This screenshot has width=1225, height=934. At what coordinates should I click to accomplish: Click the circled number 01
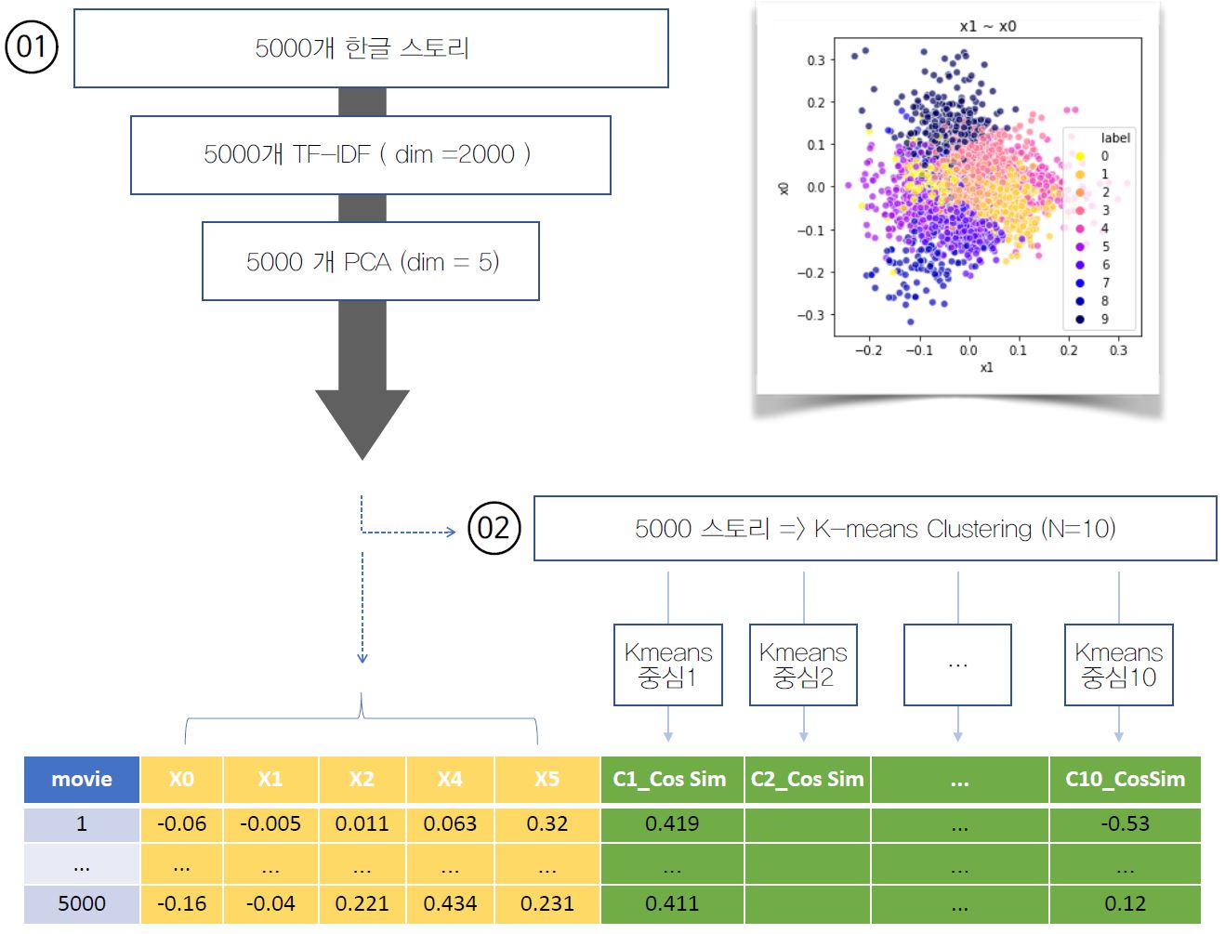coord(32,46)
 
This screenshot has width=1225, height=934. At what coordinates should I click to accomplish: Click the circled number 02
coord(494,528)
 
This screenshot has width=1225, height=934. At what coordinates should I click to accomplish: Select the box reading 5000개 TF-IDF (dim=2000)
coord(370,154)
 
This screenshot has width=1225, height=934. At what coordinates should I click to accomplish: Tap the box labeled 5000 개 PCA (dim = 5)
coord(371,261)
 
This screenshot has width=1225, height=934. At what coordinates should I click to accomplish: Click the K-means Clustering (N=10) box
coord(875,528)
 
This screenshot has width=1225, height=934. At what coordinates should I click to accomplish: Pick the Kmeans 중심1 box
coord(667,664)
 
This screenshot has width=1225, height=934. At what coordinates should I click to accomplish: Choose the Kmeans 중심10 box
coord(1118,664)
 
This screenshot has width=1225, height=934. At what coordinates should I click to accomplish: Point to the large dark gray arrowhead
coord(362,419)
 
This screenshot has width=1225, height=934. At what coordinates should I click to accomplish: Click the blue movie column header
coord(82,779)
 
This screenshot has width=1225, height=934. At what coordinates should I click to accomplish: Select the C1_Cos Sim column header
coord(670,779)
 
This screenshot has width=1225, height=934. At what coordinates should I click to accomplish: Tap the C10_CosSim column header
coord(1125,779)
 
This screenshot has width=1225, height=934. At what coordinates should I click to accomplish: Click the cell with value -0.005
coord(270,823)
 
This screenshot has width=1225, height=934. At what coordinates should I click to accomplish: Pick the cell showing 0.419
coord(672,823)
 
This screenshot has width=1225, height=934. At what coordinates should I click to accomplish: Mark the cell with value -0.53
coord(1125,823)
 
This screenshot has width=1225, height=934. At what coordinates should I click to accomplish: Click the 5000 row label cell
coord(82,903)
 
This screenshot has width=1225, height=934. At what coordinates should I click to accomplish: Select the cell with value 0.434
coord(450,903)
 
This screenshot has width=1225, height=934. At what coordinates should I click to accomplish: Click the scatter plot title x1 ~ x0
coord(988,26)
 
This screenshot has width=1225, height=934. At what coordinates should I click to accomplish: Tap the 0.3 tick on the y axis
coord(815,60)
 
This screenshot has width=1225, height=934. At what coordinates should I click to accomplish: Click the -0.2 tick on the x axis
coord(868,350)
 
